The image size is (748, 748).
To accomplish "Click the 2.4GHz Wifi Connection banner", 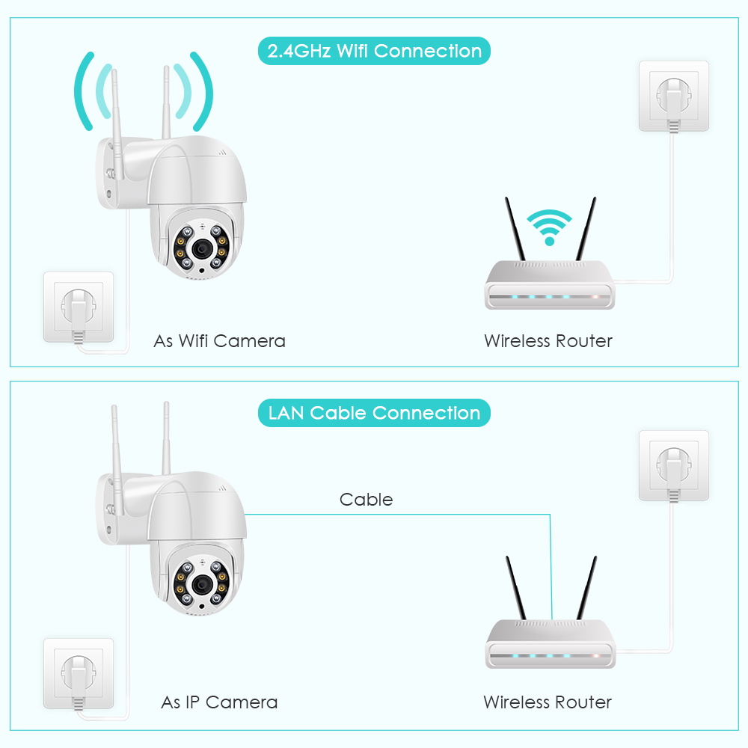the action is click(374, 51).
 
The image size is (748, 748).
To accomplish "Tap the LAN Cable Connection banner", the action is click(374, 413).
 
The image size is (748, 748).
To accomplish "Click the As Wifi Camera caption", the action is click(219, 341).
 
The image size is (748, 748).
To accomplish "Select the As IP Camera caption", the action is click(219, 702).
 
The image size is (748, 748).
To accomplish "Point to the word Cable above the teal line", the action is click(366, 500).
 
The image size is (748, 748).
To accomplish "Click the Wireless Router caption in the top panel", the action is click(548, 341).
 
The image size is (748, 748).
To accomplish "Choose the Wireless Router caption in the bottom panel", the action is click(548, 702).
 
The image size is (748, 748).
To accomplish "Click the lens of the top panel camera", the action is click(202, 248).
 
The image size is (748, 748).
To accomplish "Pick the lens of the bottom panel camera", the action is click(202, 584).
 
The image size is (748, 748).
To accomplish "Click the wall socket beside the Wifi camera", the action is click(79, 307).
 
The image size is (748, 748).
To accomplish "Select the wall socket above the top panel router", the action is click(674, 96).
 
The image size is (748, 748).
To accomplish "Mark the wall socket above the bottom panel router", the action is click(674, 465).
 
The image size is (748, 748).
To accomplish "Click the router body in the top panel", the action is click(550, 285).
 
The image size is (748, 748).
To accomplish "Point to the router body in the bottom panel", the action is click(551, 644).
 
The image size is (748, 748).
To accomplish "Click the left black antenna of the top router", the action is click(515, 229).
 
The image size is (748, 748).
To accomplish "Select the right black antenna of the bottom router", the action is click(586, 588).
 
